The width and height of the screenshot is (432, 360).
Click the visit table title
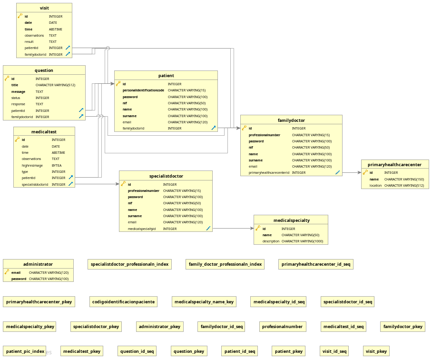coord(44,8)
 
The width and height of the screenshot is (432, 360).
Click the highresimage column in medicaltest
coord(32,165)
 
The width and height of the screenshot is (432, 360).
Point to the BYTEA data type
coord(57,165)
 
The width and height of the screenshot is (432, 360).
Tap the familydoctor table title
coord(291,120)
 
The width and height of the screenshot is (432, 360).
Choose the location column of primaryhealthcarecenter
coord(375,185)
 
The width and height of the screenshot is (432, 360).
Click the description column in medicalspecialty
coord(271,241)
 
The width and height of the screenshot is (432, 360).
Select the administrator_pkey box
coord(159,327)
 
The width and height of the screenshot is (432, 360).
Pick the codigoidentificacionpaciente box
coord(123,302)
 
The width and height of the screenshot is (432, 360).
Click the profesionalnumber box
coord(283,327)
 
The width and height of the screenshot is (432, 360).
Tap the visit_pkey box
coord(376,351)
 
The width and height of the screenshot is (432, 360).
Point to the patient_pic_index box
coord(26,351)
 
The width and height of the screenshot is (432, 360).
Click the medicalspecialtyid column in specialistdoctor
coord(141,229)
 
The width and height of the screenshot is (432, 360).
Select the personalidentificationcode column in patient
coord(143,90)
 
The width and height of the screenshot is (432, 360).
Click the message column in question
coord(18,91)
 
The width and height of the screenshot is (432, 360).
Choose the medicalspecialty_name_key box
coord(204,302)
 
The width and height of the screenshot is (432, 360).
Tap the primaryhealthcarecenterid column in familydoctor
coord(269,173)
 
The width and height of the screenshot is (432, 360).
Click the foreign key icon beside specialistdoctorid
coord(70,184)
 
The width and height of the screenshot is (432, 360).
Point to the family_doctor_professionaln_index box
coord(225,264)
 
